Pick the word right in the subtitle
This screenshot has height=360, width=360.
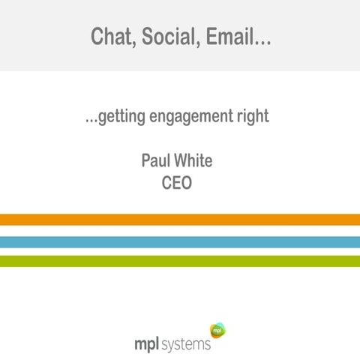click(x=251, y=118)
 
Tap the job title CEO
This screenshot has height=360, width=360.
click(x=177, y=182)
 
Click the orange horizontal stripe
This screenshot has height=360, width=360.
click(x=180, y=220)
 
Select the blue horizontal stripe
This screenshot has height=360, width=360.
click(x=180, y=241)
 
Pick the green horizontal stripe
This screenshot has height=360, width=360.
click(x=180, y=261)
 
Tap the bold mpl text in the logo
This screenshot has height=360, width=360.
click(x=146, y=343)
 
